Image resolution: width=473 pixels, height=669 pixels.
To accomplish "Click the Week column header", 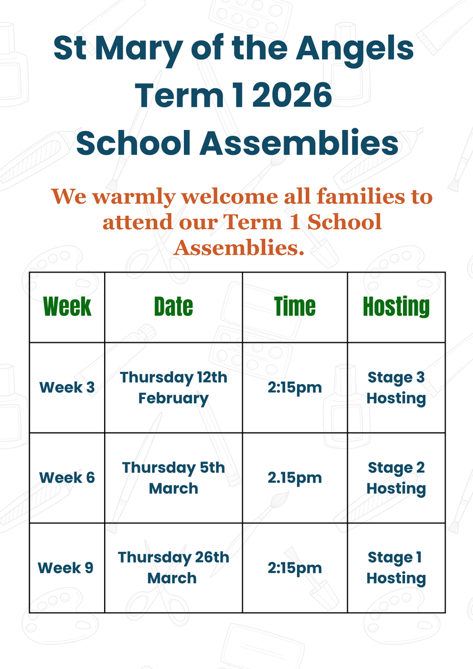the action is click(x=67, y=306).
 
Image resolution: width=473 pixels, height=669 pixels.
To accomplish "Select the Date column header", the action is click(x=173, y=306).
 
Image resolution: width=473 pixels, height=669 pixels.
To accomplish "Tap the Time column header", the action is click(x=295, y=306).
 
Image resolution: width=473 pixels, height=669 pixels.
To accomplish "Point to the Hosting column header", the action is click(x=396, y=307).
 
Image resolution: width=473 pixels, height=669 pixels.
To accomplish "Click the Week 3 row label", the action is click(x=67, y=387).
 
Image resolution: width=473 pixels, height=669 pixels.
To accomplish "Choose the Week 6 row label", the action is click(x=67, y=478).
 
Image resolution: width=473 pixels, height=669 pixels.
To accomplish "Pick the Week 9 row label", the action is click(x=66, y=568).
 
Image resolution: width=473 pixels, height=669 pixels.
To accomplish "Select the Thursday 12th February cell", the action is click(x=173, y=387).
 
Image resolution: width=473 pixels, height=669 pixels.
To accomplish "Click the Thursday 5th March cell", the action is click(x=173, y=478).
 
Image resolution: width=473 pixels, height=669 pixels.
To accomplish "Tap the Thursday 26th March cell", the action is click(x=173, y=568).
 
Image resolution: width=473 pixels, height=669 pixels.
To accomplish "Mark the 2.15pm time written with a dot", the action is click(x=295, y=478).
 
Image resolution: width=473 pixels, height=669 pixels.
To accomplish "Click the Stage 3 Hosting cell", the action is click(x=396, y=387).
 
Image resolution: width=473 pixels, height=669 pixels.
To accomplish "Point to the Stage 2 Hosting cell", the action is click(x=396, y=478).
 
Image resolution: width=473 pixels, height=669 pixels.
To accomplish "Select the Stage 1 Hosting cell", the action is click(x=396, y=568).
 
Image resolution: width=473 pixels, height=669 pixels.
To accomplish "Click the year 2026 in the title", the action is click(x=292, y=95).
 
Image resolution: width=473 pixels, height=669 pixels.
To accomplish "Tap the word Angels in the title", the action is click(x=355, y=50).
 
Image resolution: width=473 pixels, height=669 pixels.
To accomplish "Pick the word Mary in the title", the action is click(x=139, y=51).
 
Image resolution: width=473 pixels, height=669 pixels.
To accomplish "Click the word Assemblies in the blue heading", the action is click(x=299, y=143).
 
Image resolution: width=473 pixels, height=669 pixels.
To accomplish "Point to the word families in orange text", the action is click(x=361, y=196).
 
